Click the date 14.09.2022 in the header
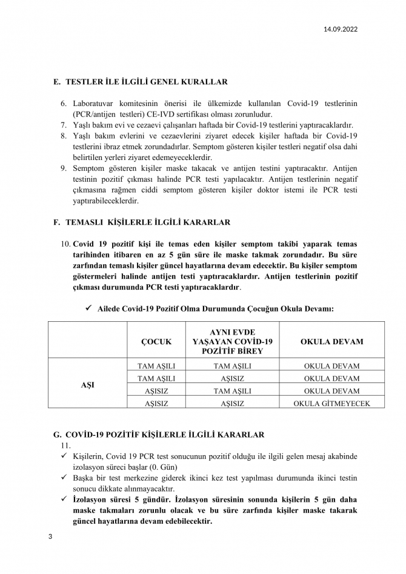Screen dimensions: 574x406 [341, 28]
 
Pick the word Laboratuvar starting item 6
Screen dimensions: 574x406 [98, 104]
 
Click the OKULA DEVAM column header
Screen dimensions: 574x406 [331, 342]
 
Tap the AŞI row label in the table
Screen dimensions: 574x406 [88, 385]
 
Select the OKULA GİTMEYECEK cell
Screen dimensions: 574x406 [331, 403]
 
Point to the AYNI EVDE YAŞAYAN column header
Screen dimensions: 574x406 [232, 342]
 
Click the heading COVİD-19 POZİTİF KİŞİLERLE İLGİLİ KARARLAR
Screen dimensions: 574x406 [164, 435]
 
